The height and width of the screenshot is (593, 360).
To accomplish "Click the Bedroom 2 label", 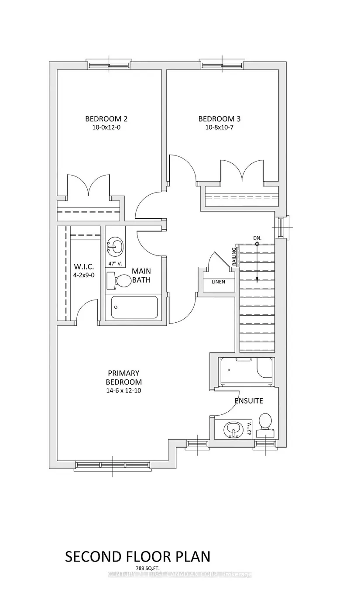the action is tap(106, 119).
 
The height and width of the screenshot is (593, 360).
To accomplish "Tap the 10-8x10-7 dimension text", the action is tap(219, 128).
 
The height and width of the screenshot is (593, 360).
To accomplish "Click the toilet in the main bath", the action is tap(119, 281).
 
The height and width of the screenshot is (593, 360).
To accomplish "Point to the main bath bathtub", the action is tap(134, 307).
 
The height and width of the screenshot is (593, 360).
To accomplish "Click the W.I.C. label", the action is tap(84, 267).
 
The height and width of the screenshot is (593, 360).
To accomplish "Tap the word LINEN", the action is tap(219, 282).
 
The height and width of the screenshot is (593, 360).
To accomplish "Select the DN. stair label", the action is tap(257, 238).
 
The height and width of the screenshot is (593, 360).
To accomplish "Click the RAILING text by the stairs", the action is tap(234, 256).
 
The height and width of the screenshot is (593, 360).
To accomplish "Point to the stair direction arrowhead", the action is tap(257, 280).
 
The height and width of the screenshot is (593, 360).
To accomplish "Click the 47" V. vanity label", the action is tap(115, 264).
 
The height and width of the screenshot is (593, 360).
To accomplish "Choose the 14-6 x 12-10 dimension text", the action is tap(123, 390).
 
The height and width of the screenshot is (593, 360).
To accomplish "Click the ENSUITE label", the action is tap(249, 401).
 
